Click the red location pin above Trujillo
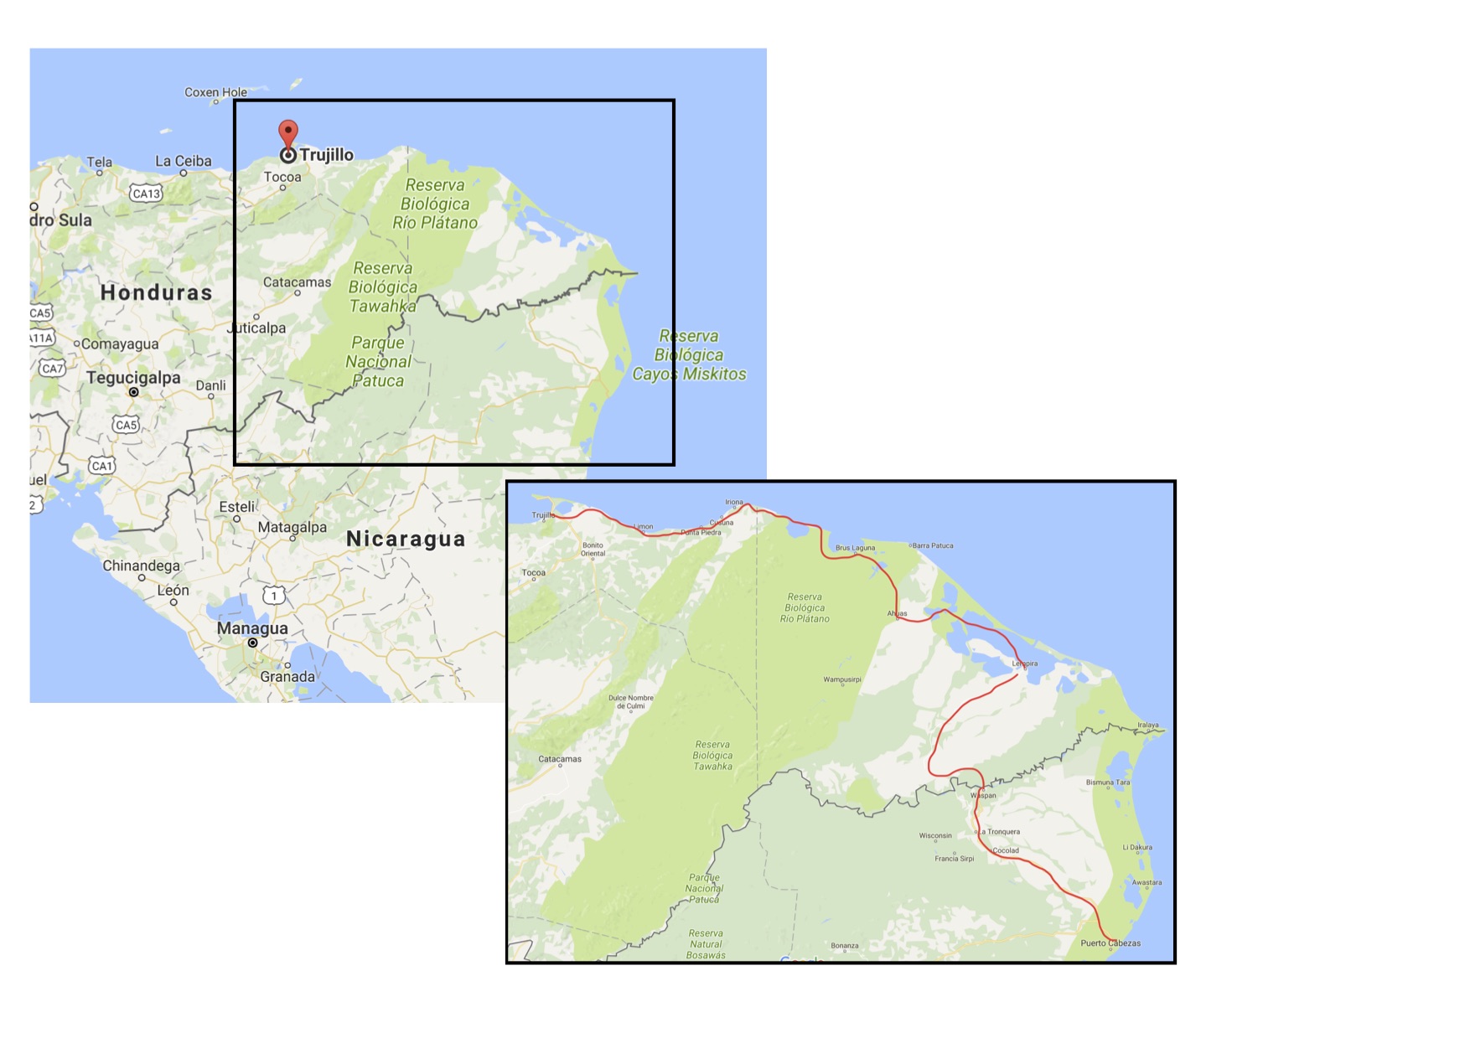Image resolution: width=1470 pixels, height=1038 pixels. click(x=287, y=134)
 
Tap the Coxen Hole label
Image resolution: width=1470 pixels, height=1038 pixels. click(x=215, y=92)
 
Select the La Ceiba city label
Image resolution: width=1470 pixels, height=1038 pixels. click(x=184, y=161)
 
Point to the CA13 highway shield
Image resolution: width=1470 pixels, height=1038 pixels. click(x=146, y=194)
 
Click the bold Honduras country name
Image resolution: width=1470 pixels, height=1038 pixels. click(x=156, y=292)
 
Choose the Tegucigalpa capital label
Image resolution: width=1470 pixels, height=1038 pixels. click(x=133, y=378)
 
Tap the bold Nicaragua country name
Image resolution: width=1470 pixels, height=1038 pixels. click(x=406, y=539)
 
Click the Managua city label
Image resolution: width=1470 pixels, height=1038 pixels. click(x=252, y=628)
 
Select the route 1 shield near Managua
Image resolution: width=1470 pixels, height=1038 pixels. click(x=273, y=596)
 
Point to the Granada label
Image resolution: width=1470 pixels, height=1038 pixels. click(x=287, y=677)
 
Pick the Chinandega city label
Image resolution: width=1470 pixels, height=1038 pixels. click(x=141, y=565)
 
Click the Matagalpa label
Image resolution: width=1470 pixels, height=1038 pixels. click(x=292, y=527)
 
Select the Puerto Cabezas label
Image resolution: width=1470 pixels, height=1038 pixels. click(x=1110, y=943)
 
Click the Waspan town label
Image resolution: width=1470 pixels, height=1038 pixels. click(x=984, y=795)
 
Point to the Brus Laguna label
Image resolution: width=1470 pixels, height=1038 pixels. click(x=855, y=548)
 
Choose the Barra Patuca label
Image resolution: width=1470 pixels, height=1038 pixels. click(x=932, y=545)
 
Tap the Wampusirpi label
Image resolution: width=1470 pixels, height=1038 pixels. click(x=842, y=679)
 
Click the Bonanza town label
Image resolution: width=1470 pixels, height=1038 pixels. click(x=845, y=946)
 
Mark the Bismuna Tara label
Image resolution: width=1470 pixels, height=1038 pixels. click(x=1108, y=782)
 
